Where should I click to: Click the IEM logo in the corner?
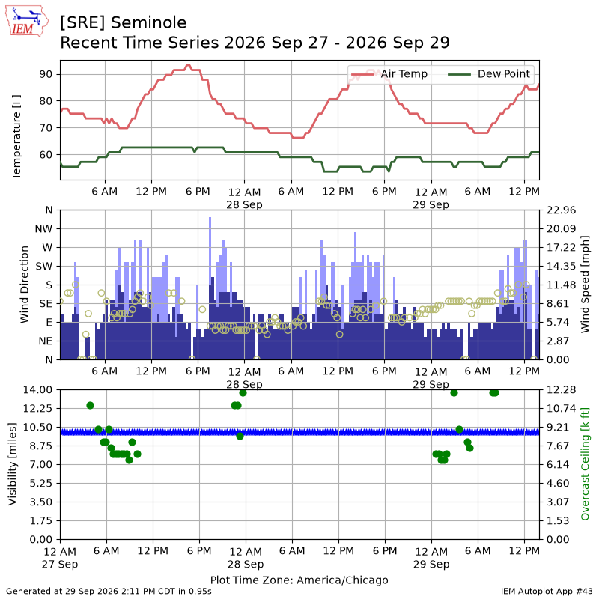(x=27, y=22)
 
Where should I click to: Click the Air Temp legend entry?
(x=389, y=73)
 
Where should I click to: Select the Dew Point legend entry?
(x=489, y=73)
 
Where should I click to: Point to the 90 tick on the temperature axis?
(x=46, y=74)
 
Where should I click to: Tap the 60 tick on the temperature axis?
(x=46, y=155)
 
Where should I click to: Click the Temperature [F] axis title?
(x=16, y=137)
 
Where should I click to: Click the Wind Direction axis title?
(x=25, y=285)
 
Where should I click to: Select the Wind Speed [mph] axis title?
(x=585, y=285)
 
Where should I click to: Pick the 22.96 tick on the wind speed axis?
(x=561, y=210)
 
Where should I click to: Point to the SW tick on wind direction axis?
(x=44, y=267)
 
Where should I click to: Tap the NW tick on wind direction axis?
(x=43, y=229)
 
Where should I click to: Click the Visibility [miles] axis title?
(x=13, y=464)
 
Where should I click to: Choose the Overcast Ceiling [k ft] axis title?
(x=585, y=463)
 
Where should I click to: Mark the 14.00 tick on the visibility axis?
(x=37, y=389)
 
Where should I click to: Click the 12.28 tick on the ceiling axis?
(x=561, y=389)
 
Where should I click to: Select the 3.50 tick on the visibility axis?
(x=41, y=502)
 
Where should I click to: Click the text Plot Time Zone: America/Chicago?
(x=299, y=580)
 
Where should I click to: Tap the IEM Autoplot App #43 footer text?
(x=547, y=591)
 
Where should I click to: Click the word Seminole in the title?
(x=149, y=23)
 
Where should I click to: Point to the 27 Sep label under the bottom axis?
(x=60, y=564)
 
